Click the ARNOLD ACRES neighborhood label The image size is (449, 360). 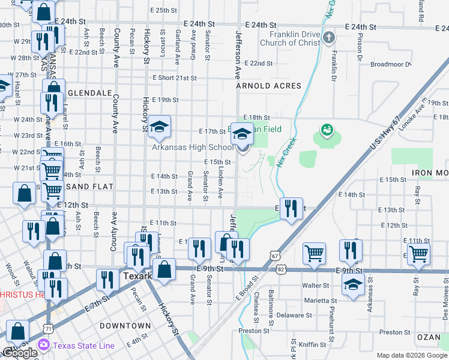pos(268,86)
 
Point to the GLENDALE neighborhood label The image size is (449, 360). pos(91,94)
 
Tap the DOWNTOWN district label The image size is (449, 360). pos(125,326)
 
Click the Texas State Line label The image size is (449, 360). pos(83,345)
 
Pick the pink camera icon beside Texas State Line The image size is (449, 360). pos(43,345)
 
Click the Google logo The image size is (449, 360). pos(20,353)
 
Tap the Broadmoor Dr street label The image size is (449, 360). pos(391,64)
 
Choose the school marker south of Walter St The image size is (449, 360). pos(354,286)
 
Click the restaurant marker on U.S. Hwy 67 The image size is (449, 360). pos(291,210)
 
